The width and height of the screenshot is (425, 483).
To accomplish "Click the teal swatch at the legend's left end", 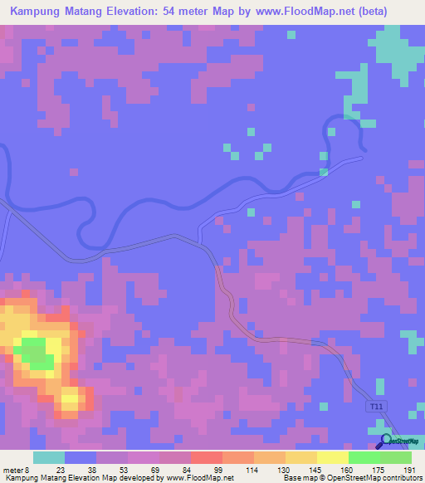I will pyautogui.click(x=48, y=457).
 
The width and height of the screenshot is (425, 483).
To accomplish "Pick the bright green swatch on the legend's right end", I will pyautogui.click(x=395, y=457).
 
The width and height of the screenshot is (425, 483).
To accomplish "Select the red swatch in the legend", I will pyautogui.click(x=206, y=457).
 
